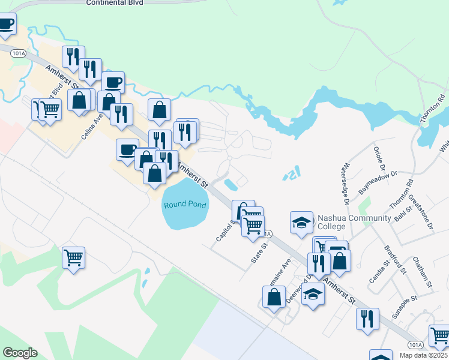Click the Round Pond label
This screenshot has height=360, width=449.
[x=185, y=205]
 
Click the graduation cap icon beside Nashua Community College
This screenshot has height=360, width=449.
[x=302, y=223]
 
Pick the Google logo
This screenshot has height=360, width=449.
[x=20, y=353]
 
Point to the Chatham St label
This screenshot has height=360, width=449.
[x=423, y=272]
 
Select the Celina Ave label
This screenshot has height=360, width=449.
[x=89, y=128]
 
